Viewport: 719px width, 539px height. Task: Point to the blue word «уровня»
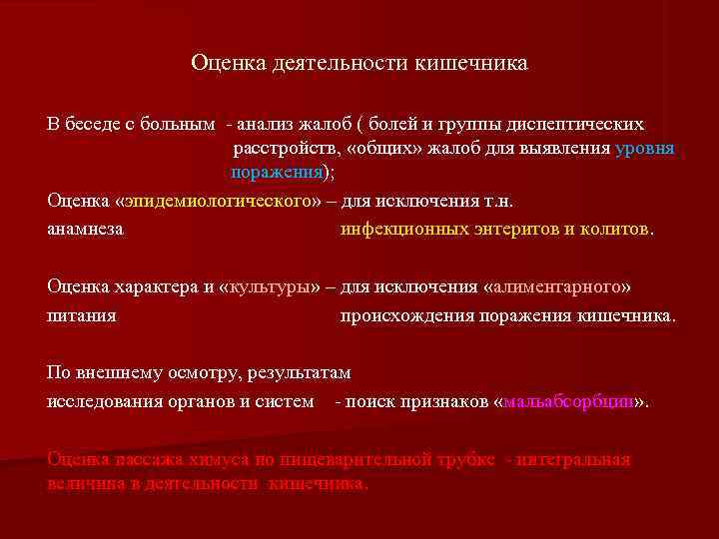pyautogui.click(x=646, y=149)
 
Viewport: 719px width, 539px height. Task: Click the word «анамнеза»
pyautogui.click(x=86, y=229)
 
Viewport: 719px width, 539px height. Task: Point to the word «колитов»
pyautogui.click(x=614, y=229)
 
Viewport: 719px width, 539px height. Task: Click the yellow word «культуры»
pyautogui.click(x=268, y=286)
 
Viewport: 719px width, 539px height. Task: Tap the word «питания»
pyautogui.click(x=82, y=315)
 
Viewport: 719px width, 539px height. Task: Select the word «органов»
pyautogui.click(x=211, y=402)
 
